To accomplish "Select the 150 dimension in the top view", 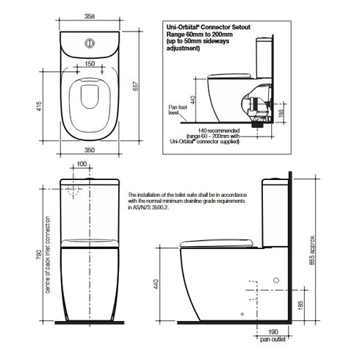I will tap(90, 63).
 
